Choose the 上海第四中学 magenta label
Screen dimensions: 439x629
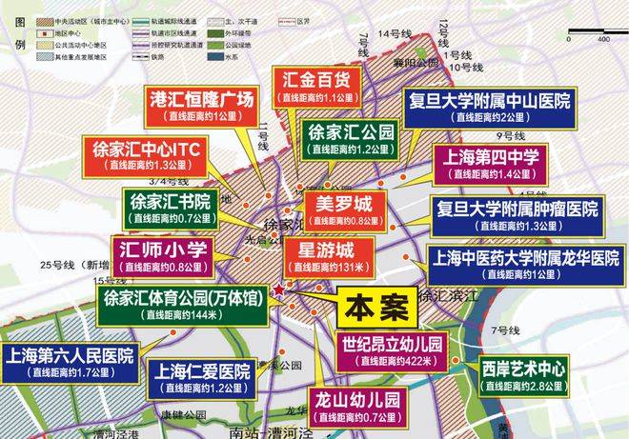click(x=487, y=162)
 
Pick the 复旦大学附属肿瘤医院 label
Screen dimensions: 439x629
click(x=516, y=214)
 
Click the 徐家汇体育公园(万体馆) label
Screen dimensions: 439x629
click(x=182, y=303)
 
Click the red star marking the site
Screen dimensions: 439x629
click(x=277, y=289)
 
